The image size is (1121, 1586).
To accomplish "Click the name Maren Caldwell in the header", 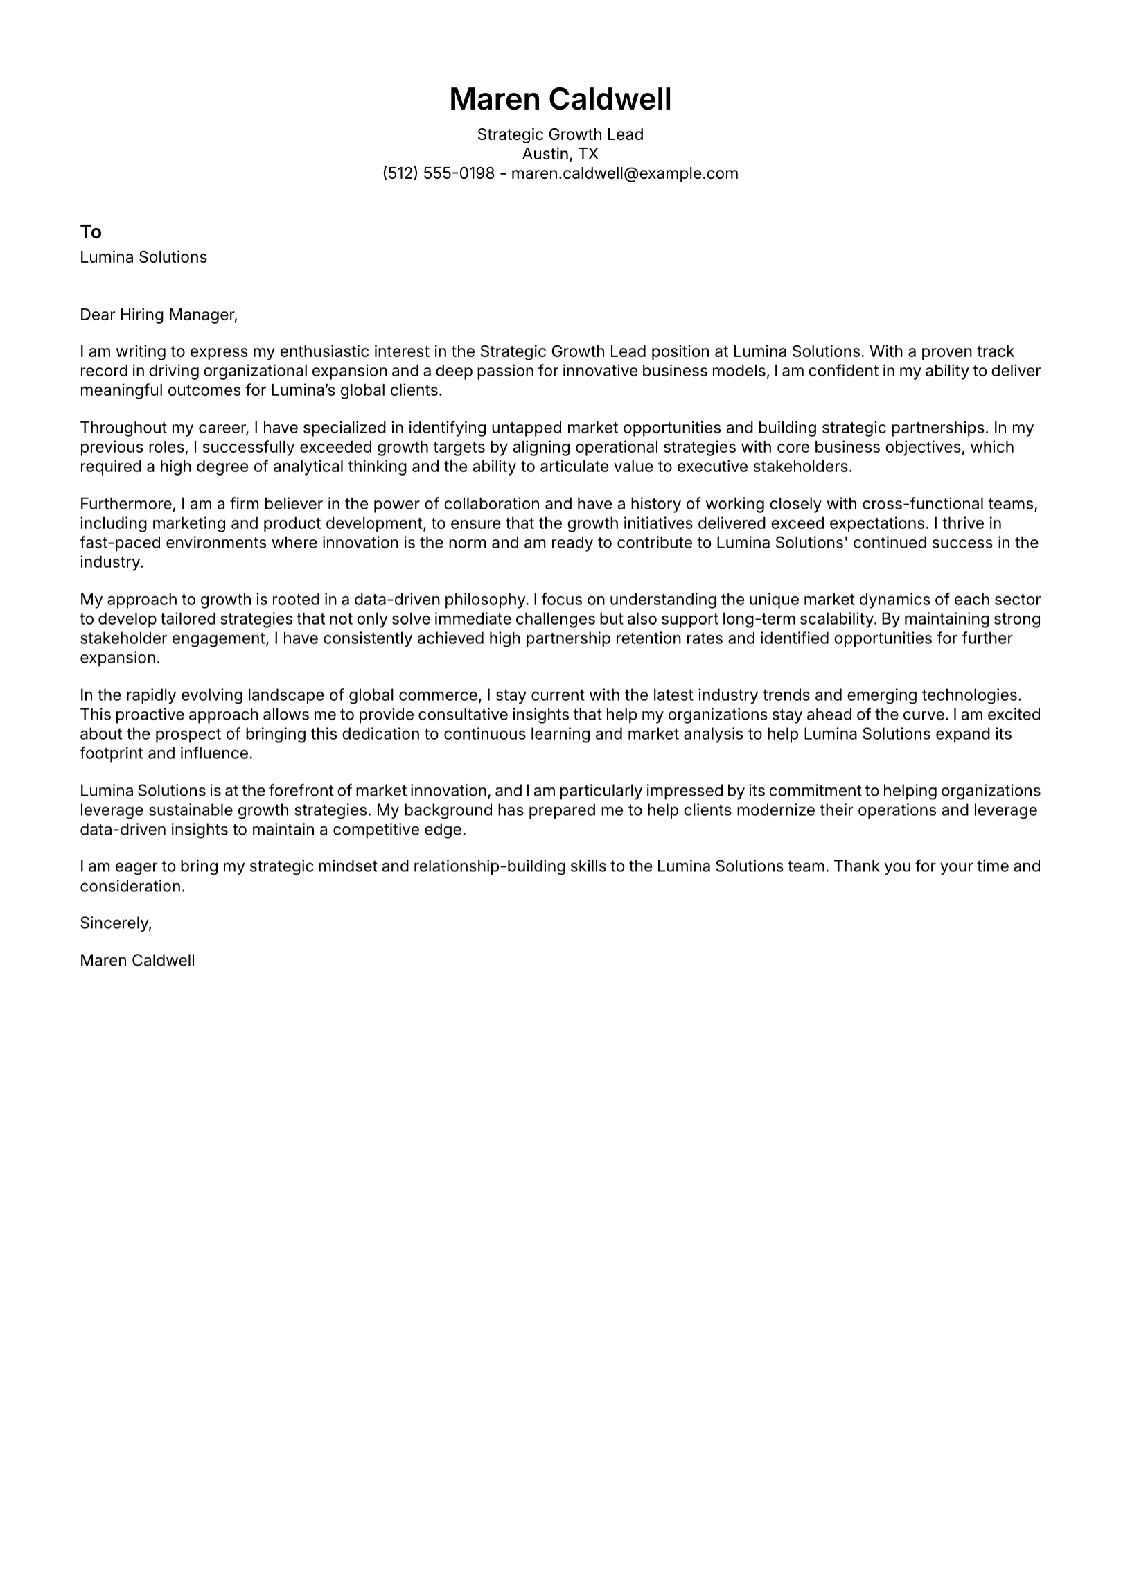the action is (560, 99).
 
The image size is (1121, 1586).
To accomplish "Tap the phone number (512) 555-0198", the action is (438, 173).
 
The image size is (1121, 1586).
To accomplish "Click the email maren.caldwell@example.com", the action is (624, 173).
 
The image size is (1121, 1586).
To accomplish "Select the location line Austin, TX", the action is (560, 154).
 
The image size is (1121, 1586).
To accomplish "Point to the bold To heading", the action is (91, 232).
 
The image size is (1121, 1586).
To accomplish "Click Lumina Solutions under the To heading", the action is (143, 257).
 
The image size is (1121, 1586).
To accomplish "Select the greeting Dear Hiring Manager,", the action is (159, 315).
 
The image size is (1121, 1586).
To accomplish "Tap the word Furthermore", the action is (127, 504).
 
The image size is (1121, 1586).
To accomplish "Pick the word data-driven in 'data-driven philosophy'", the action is (396, 599).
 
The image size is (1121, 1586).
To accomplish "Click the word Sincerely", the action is (115, 923).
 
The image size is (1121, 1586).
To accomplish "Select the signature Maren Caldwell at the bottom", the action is (137, 960).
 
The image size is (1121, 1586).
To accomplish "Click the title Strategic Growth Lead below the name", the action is (560, 134).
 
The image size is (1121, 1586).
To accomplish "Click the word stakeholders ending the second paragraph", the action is (802, 467).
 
